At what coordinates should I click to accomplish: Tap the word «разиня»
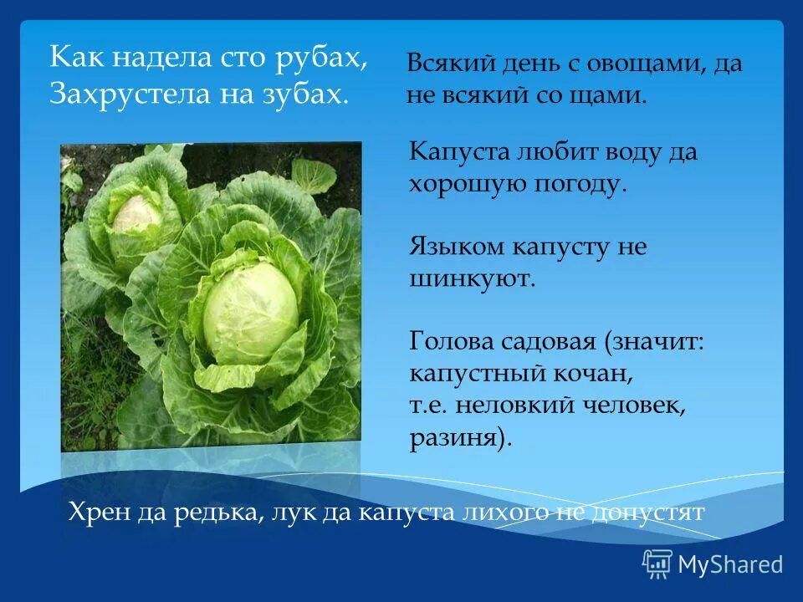[x=456, y=438]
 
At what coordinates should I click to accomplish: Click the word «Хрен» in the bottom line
[x=95, y=512]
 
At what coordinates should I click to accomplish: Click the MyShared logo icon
[x=657, y=564]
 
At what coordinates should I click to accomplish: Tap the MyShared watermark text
[x=730, y=564]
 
